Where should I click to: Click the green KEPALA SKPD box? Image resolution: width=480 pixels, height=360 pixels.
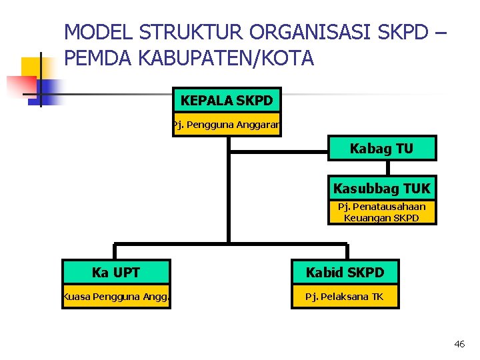[227, 101]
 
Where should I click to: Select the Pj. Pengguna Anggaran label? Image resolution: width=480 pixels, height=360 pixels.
[227, 125]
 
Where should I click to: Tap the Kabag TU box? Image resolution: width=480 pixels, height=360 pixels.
[382, 149]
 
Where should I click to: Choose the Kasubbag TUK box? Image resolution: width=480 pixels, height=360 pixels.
[382, 189]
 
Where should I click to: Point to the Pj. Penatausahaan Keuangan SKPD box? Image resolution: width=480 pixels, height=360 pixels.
[382, 212]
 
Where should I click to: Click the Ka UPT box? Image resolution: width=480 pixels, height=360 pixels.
[116, 272]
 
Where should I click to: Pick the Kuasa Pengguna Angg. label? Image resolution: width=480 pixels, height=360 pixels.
[116, 297]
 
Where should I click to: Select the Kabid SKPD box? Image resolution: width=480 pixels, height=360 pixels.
[345, 272]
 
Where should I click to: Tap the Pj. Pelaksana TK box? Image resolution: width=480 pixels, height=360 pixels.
[345, 297]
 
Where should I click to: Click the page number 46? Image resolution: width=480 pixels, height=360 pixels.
[459, 344]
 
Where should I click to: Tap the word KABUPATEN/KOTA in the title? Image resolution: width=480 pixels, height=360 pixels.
[224, 58]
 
